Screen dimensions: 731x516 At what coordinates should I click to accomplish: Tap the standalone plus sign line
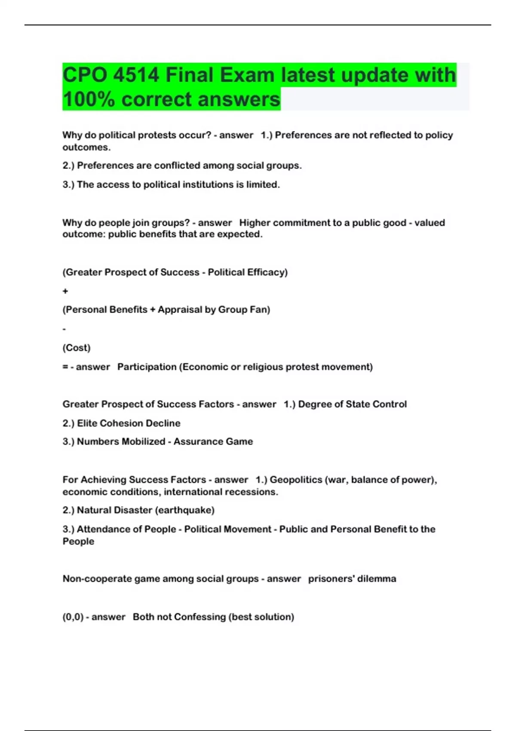(x=65, y=291)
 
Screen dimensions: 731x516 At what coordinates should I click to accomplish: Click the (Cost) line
(x=77, y=347)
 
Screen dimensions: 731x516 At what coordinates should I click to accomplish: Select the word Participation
(x=147, y=367)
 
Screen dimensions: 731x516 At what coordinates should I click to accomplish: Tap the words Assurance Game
(x=213, y=442)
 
